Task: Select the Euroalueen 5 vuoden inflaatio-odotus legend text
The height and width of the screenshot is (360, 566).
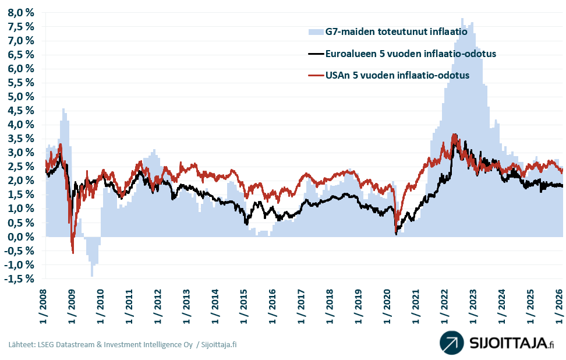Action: point(411,54)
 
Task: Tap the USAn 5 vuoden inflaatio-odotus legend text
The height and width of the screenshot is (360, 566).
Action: point(397,75)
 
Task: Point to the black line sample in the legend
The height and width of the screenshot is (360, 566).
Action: point(315,54)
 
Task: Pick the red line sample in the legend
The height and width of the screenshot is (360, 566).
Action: point(315,75)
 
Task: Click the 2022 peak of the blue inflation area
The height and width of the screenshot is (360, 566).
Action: point(462,19)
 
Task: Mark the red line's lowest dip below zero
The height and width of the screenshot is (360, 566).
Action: point(73,252)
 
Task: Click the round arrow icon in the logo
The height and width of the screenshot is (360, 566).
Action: point(451,343)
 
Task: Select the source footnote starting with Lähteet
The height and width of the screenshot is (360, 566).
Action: point(122,344)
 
